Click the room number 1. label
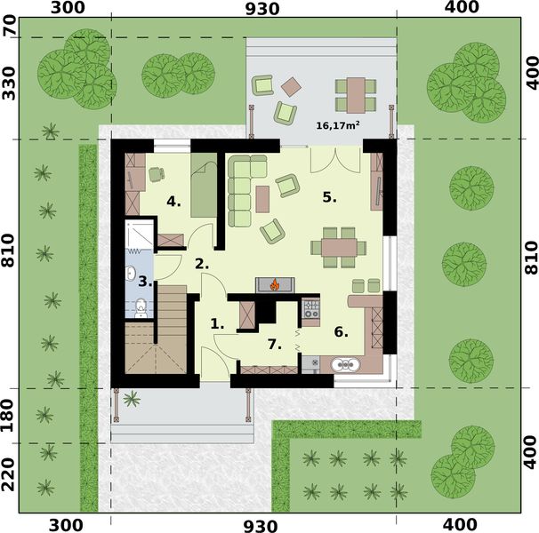[217, 324]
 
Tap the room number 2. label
[202, 263]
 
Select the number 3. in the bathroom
[146, 282]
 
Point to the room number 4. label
[173, 202]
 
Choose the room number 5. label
[329, 197]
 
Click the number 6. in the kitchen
[340, 331]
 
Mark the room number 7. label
[274, 343]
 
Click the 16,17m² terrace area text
[338, 126]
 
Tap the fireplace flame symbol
[276, 285]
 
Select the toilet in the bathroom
[140, 308]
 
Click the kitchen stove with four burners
[311, 309]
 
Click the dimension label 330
[10, 87]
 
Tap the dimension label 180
[10, 416]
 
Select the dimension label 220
[10, 477]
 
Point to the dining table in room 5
[339, 245]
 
